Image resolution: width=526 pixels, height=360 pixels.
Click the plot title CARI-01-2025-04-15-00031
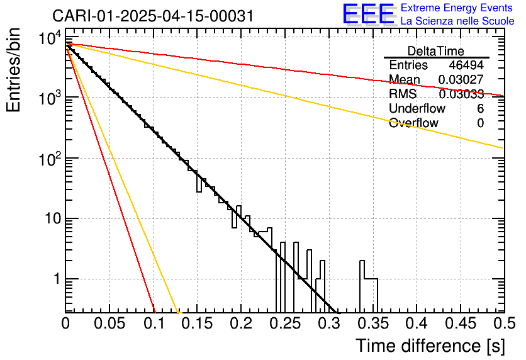[x=153, y=16]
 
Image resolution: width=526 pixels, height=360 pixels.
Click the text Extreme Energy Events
[x=457, y=8]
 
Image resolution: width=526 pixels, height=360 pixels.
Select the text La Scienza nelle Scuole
[x=457, y=21]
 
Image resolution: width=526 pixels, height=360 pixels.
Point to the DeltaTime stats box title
[x=435, y=51]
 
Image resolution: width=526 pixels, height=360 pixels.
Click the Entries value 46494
[x=466, y=65]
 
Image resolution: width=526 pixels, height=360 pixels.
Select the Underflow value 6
[x=480, y=109]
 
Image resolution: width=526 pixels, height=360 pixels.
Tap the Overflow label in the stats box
[x=413, y=123]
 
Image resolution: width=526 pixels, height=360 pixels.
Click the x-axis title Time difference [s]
[x=430, y=346]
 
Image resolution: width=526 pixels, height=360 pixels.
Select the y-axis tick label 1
[x=55, y=279]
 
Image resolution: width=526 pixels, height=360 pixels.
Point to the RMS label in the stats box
[x=403, y=94]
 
